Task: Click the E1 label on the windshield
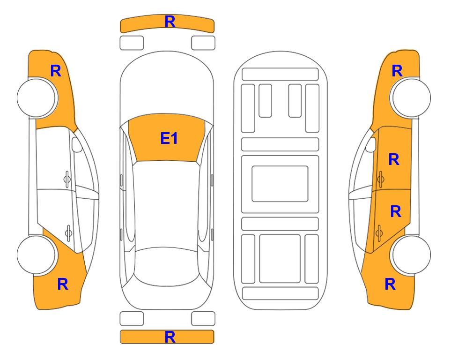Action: [x=169, y=138]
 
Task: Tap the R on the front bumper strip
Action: [x=170, y=22]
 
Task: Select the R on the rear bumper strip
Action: [x=170, y=337]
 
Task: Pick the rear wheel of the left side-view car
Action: [x=37, y=255]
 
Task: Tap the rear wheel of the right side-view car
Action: [x=411, y=255]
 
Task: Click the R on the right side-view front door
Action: [x=394, y=159]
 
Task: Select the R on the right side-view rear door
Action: [x=395, y=212]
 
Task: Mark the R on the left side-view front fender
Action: [x=56, y=71]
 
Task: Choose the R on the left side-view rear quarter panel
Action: [x=63, y=284]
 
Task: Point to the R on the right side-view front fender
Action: [x=397, y=71]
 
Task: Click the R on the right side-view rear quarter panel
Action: [x=390, y=284]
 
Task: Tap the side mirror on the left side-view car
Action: [x=76, y=144]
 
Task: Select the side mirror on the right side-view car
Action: [x=371, y=144]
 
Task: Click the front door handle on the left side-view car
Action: [x=67, y=179]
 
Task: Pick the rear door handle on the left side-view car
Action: [x=68, y=232]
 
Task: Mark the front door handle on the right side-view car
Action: [x=380, y=179]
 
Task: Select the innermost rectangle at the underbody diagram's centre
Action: [x=280, y=184]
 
